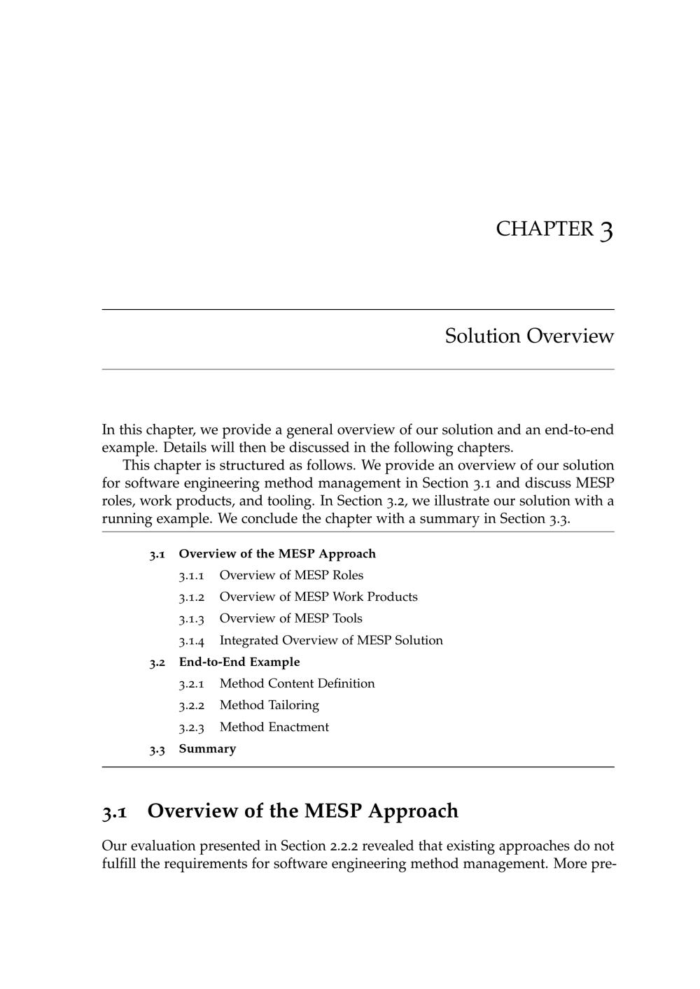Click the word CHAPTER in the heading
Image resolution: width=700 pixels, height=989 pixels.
point(544,229)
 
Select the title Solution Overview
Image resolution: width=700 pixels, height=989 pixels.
point(529,336)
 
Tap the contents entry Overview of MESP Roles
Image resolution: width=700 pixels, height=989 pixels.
point(291,576)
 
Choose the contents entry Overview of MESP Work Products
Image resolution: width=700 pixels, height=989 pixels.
point(318,597)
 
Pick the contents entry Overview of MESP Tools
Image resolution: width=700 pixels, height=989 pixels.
point(290,619)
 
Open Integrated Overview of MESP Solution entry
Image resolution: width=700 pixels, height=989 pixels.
point(331,641)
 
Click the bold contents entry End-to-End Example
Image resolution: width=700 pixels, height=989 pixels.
point(239,662)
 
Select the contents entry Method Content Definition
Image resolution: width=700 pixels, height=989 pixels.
point(297,684)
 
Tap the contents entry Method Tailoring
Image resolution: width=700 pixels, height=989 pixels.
point(269,706)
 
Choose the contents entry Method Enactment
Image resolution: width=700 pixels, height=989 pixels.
point(274,727)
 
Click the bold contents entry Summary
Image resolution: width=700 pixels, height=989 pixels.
point(207,749)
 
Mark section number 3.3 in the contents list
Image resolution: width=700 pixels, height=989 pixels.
point(157,750)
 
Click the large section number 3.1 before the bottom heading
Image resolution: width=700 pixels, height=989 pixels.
point(115,812)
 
